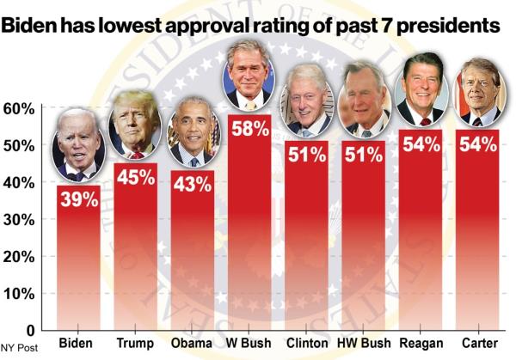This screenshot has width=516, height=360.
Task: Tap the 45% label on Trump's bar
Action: click(136, 177)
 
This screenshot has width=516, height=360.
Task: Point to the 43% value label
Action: click(193, 184)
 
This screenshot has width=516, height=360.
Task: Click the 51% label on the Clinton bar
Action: click(306, 156)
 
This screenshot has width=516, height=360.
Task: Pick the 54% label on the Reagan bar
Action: click(420, 143)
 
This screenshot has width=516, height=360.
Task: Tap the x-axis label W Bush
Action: click(249, 344)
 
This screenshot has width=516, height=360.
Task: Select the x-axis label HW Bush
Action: click(363, 344)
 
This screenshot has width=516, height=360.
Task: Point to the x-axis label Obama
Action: click(193, 344)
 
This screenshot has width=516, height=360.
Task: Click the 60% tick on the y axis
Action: click(18, 109)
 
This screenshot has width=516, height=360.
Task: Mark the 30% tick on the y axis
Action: click(18, 220)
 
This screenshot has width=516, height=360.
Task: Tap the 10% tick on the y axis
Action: click(18, 294)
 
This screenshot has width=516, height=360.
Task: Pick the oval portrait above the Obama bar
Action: click(193, 131)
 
